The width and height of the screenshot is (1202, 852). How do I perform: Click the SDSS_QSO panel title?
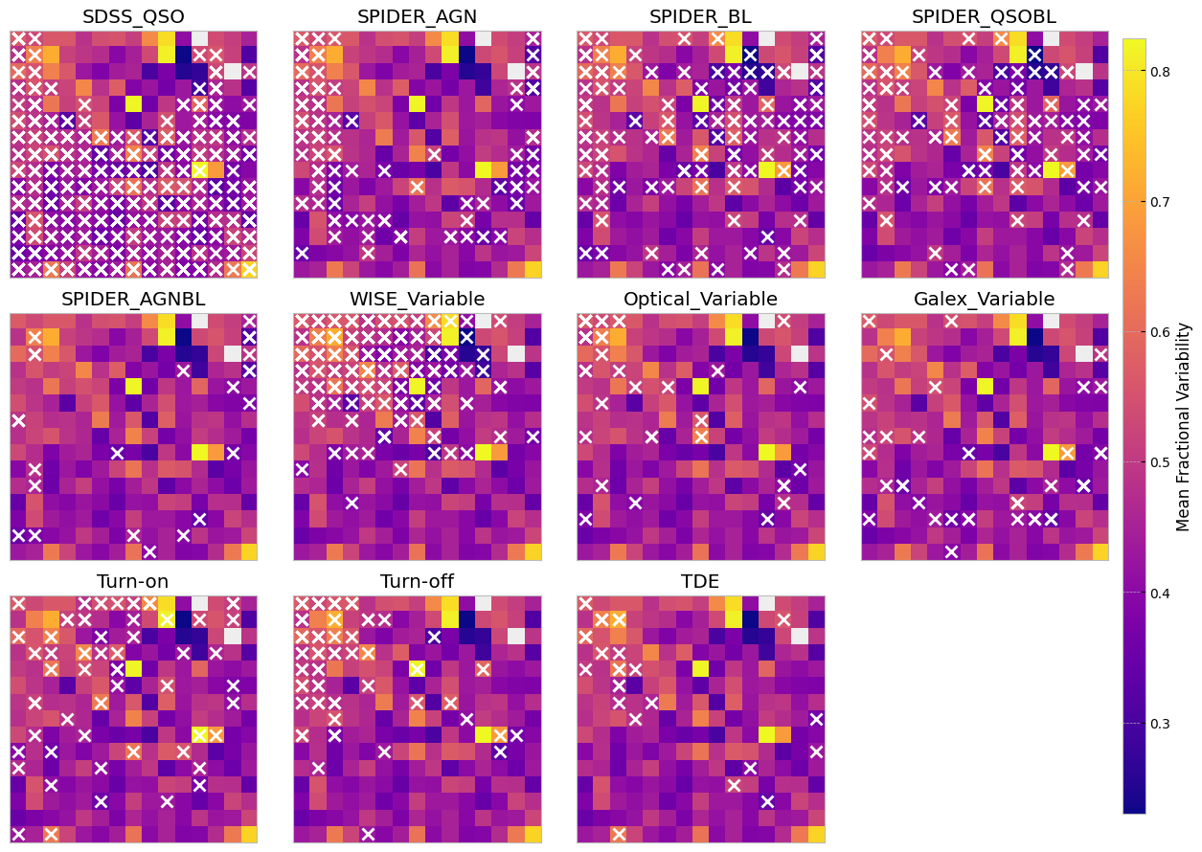point(133,16)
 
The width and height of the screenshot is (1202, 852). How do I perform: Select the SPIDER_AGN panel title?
point(417,16)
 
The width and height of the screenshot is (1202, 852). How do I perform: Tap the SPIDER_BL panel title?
point(700,16)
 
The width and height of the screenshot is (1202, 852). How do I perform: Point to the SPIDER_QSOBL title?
point(984,16)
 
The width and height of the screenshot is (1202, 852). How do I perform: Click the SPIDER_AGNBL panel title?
point(133,299)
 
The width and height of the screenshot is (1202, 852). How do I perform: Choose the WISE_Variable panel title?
point(417,299)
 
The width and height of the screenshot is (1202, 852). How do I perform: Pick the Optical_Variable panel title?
point(700,299)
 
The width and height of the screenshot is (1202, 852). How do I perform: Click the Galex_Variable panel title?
point(984,299)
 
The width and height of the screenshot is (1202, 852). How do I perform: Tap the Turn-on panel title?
point(133,581)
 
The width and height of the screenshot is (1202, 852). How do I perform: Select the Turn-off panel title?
point(417,581)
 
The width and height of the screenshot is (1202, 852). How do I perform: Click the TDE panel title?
point(700,581)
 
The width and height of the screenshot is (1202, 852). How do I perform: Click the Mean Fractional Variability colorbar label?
point(1184,426)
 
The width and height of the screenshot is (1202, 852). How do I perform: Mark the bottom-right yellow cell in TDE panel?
point(816,834)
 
